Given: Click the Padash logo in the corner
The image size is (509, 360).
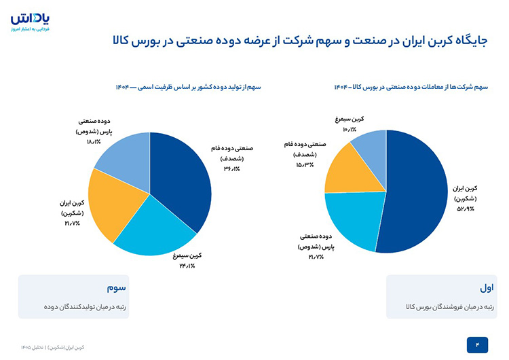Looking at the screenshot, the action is [x=30, y=22].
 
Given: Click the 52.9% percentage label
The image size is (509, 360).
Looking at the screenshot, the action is [x=466, y=209].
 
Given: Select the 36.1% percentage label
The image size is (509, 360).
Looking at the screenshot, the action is [x=232, y=169].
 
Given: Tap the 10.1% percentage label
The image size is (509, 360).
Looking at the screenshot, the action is [x=350, y=129].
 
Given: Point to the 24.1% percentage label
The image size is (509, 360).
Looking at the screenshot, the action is [x=187, y=266].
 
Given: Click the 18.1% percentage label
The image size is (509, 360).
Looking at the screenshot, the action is [x=94, y=142].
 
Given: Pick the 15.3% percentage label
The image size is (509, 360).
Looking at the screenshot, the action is [x=305, y=165].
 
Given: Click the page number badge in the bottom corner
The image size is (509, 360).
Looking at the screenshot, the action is [x=477, y=345].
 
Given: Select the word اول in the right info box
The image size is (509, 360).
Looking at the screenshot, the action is [x=487, y=287].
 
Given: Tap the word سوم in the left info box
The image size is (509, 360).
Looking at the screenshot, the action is [x=116, y=288].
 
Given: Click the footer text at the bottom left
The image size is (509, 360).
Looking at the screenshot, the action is [x=52, y=347].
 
